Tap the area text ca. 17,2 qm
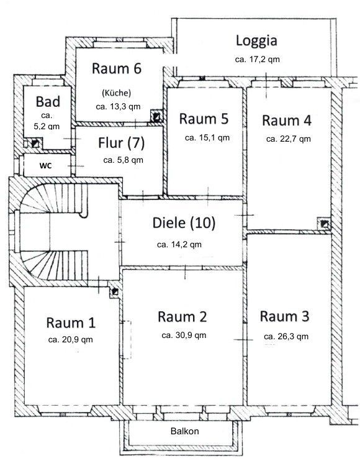click(256, 60)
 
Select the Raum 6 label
click(117, 69)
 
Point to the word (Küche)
click(116, 93)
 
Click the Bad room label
click(48, 102)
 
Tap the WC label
click(45, 166)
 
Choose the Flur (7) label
click(121, 143)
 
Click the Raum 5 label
click(204, 118)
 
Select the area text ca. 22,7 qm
click(288, 139)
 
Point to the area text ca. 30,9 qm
click(183, 335)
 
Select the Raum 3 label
click(284, 316)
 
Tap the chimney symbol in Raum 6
click(157, 116)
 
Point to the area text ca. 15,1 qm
click(207, 138)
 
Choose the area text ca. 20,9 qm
click(70, 340)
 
